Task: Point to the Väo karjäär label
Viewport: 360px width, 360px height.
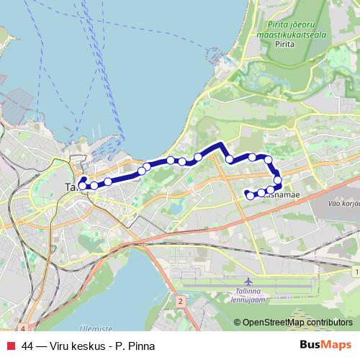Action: click(343, 204)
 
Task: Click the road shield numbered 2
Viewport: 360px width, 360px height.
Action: click(181, 300)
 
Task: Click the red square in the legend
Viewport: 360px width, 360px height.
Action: click(10, 346)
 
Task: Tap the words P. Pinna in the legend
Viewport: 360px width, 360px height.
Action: click(135, 346)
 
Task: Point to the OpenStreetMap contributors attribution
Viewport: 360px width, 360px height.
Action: click(297, 323)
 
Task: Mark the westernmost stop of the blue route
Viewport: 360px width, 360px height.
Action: click(82, 185)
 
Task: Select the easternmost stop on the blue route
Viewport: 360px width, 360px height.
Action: click(277, 179)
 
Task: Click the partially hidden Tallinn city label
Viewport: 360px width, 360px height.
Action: click(71, 186)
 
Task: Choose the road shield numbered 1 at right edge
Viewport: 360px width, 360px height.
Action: click(357, 271)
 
